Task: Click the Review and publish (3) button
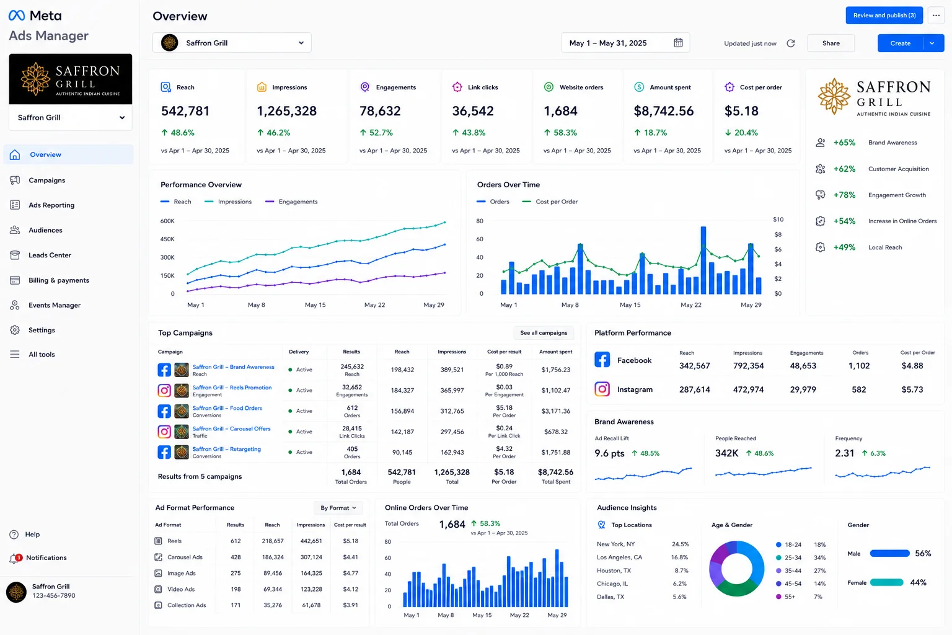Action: coord(884,16)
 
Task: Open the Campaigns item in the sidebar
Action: coord(46,180)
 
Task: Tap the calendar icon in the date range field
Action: coord(678,43)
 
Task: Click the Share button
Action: coord(831,43)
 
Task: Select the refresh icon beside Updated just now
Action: coord(790,43)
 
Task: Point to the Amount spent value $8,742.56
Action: coord(663,111)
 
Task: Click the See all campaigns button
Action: coord(544,333)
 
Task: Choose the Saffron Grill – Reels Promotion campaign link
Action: coord(232,388)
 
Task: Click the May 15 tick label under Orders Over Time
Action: coord(630,305)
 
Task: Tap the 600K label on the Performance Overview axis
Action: coord(167,221)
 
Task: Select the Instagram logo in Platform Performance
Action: coord(602,389)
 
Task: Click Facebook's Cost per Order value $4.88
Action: coord(912,366)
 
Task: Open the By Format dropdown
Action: coord(338,508)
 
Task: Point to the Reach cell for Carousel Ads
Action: coord(273,557)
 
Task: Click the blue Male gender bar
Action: coord(889,553)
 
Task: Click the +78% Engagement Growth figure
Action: coord(844,195)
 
